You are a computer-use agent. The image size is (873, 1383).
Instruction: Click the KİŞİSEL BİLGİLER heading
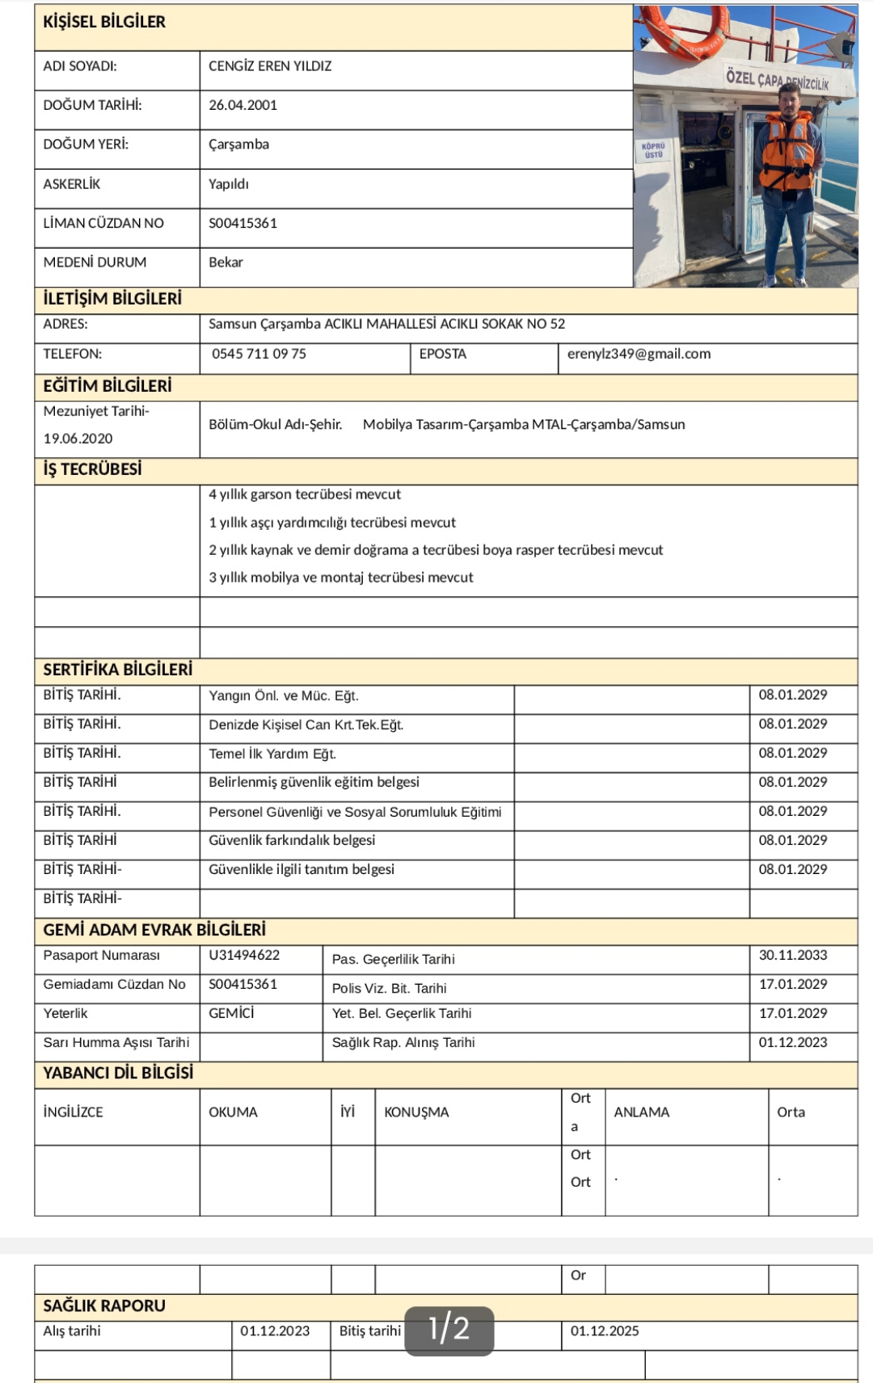(104, 23)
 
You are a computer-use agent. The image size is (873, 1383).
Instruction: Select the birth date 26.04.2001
(242, 105)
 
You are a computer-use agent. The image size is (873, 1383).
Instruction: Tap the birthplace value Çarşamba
(238, 145)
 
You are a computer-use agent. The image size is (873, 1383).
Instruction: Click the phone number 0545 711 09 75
(259, 354)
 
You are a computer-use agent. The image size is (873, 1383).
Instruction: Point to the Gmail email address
(639, 354)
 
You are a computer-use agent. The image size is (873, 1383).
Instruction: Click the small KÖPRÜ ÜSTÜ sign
(653, 150)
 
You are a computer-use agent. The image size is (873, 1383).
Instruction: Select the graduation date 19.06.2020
(78, 439)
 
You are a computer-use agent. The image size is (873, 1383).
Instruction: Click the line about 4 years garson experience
(304, 494)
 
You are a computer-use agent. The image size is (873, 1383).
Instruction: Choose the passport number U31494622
(244, 955)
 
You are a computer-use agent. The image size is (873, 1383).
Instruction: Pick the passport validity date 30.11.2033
(792, 955)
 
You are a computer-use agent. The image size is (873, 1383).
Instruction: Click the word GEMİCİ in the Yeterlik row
(231, 1013)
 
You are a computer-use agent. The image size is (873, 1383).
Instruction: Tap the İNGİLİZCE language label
(73, 1112)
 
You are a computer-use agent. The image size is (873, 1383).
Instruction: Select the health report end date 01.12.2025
(605, 1330)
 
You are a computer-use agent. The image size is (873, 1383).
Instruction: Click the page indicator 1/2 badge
(449, 1329)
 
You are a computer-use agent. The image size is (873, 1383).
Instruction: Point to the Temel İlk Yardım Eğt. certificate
(272, 754)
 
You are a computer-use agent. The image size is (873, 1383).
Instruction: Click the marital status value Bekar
(226, 263)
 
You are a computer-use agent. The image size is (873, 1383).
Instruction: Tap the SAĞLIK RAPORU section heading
(104, 1305)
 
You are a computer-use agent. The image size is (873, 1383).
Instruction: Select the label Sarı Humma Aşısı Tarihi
(116, 1042)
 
